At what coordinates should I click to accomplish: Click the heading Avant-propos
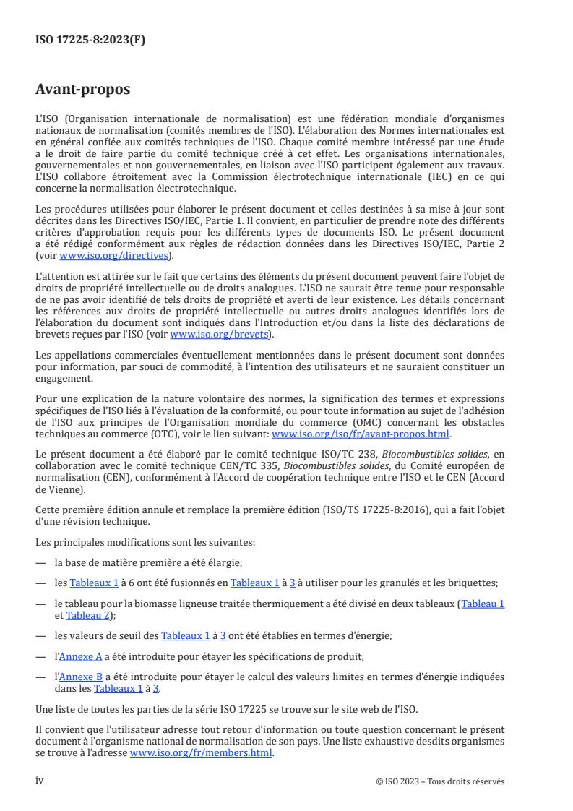coord(82,90)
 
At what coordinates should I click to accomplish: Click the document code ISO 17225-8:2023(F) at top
coord(90,40)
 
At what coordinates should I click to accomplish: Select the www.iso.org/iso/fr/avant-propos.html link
coord(360,434)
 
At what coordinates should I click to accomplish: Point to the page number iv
coord(40,781)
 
